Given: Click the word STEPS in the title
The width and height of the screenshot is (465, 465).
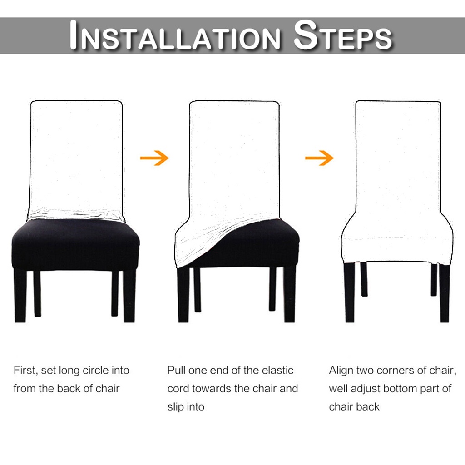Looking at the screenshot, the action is (x=342, y=35).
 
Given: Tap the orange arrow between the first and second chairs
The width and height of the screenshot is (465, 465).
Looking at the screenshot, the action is (x=154, y=158).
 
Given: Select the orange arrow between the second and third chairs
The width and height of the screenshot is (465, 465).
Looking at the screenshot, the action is (x=319, y=158).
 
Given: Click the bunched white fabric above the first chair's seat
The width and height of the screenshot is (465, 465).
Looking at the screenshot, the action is (x=76, y=215).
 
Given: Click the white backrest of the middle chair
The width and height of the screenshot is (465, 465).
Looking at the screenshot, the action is (x=234, y=160).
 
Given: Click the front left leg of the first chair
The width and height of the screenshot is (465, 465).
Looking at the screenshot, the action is (x=20, y=296).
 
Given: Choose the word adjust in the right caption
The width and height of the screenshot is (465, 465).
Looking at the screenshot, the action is (x=366, y=389).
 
